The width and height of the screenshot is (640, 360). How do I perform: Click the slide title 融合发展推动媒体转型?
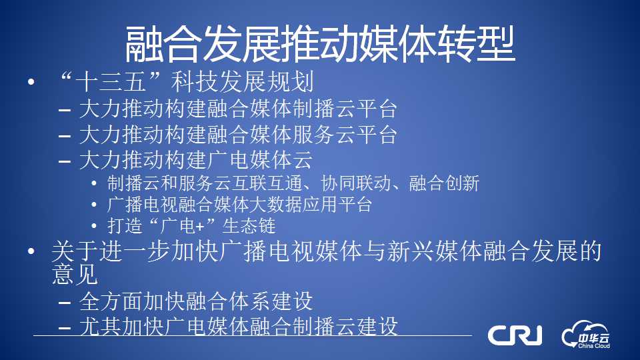click(319, 44)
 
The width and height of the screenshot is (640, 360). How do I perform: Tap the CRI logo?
click(515, 335)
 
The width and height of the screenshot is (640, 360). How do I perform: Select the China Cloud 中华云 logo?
click(586, 335)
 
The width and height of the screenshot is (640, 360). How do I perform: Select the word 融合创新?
click(444, 183)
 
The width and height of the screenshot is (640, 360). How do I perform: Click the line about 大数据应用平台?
click(239, 205)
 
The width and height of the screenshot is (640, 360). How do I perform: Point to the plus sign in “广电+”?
click(199, 227)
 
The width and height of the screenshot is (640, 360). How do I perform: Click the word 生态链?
click(249, 226)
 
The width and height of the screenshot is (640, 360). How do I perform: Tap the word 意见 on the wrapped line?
click(75, 274)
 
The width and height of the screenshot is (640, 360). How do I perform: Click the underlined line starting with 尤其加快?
click(239, 327)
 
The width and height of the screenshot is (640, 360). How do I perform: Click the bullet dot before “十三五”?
click(31, 82)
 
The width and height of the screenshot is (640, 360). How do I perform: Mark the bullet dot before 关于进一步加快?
click(31, 251)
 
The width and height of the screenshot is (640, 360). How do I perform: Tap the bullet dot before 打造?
click(94, 226)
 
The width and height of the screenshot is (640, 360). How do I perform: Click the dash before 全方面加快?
click(65, 303)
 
